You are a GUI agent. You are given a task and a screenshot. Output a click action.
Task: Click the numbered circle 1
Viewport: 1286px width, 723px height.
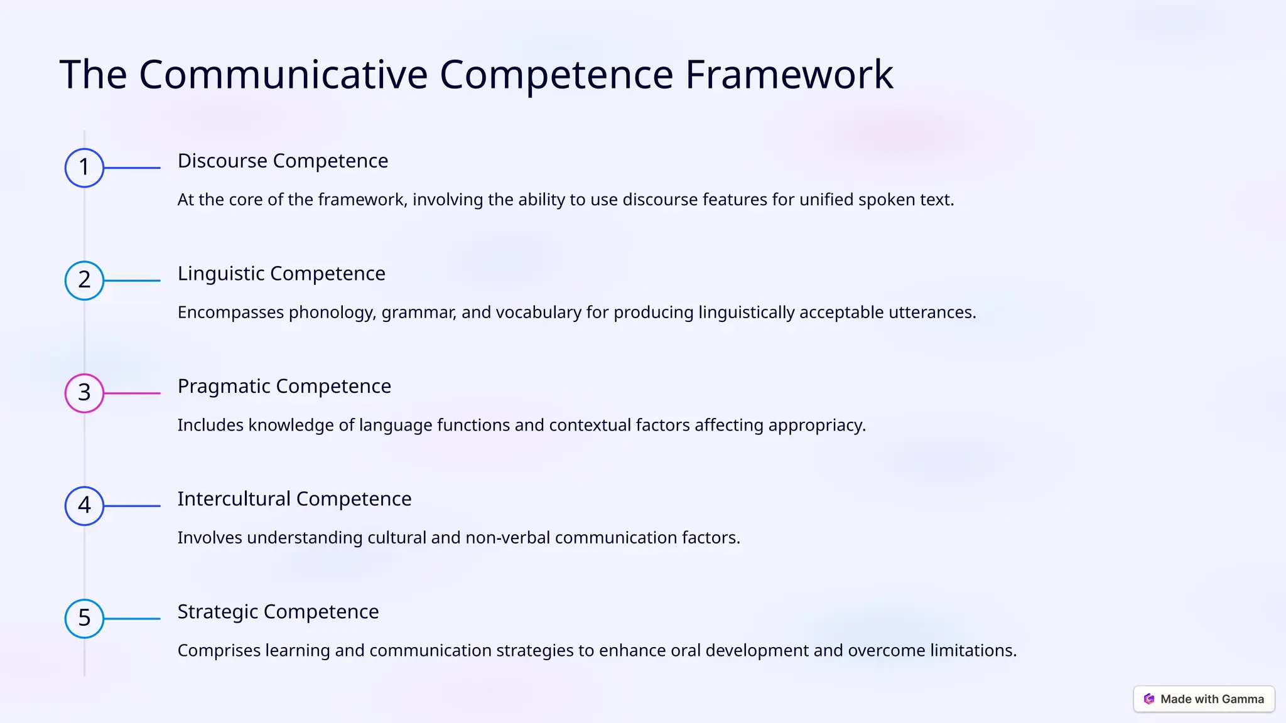coord(84,168)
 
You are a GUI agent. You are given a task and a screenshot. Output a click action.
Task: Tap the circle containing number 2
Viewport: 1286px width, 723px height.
coord(84,281)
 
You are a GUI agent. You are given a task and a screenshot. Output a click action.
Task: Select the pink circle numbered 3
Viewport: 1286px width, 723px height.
coord(84,393)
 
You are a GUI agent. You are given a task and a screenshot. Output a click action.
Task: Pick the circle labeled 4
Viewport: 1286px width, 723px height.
coord(84,506)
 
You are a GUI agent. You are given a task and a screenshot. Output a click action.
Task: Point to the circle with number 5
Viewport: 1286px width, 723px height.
coord(84,618)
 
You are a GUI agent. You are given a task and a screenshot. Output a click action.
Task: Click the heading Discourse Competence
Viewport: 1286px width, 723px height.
coord(283,161)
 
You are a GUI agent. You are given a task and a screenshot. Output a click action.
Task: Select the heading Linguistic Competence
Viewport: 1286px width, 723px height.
coord(281,274)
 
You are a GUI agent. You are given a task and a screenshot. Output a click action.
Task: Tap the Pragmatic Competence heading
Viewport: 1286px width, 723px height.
coord(284,387)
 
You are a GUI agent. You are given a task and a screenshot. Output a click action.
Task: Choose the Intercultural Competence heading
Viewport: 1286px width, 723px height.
coord(294,499)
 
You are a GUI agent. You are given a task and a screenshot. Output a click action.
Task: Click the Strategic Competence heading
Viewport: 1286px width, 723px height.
coord(278,612)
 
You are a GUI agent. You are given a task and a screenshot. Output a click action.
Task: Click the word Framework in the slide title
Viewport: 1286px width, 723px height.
coord(789,75)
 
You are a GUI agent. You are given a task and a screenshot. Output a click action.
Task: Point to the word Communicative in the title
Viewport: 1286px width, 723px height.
coord(283,75)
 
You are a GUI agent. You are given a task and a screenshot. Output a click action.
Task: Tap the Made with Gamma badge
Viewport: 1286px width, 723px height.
coord(1204,699)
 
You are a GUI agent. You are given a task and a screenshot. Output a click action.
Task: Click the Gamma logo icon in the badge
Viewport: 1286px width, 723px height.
coord(1149,699)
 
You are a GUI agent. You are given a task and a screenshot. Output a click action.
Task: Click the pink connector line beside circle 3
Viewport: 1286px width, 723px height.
coord(132,393)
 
